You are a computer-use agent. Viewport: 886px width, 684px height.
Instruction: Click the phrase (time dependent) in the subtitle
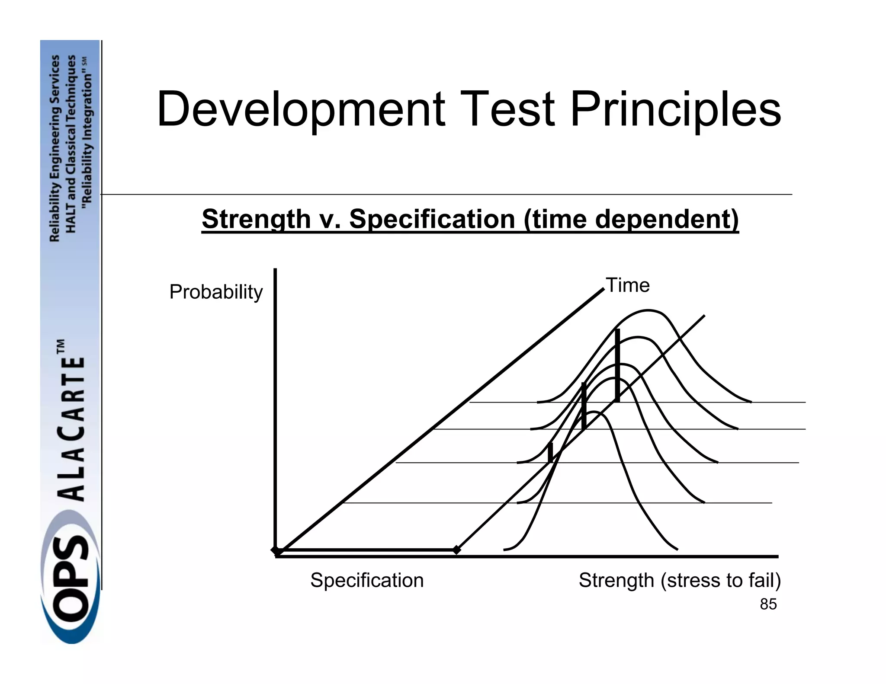coord(631,219)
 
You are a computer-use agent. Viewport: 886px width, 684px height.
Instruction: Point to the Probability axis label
coord(216,292)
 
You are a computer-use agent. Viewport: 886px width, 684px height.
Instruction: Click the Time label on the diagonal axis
coord(627,285)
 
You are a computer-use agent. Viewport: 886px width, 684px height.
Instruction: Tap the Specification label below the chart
coord(367,580)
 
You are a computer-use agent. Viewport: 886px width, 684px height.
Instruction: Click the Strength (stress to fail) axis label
coord(680,580)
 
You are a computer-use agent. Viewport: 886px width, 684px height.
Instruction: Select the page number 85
coord(768,604)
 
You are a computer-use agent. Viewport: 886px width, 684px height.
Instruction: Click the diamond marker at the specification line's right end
coord(456,550)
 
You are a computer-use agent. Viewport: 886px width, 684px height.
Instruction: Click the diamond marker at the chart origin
coord(276,550)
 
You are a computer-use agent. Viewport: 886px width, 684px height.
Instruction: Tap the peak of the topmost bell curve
coord(648,310)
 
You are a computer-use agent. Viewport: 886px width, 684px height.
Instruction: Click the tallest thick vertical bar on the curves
coord(617,365)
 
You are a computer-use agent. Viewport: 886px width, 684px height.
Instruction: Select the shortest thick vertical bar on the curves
coord(550,453)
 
